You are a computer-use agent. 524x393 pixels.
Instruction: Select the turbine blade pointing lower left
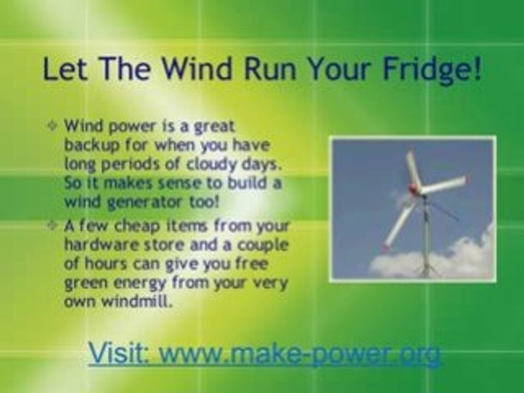400,224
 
